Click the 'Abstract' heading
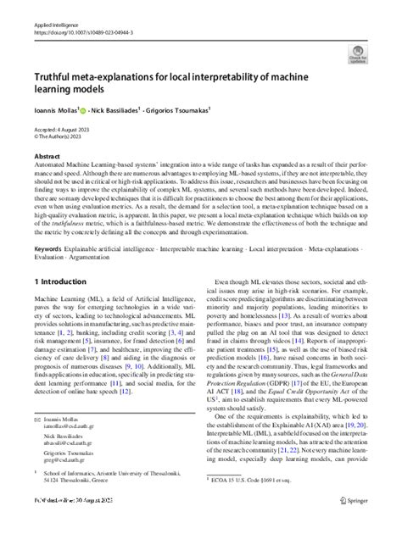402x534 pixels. [47, 157]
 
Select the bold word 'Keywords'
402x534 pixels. [48, 249]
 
